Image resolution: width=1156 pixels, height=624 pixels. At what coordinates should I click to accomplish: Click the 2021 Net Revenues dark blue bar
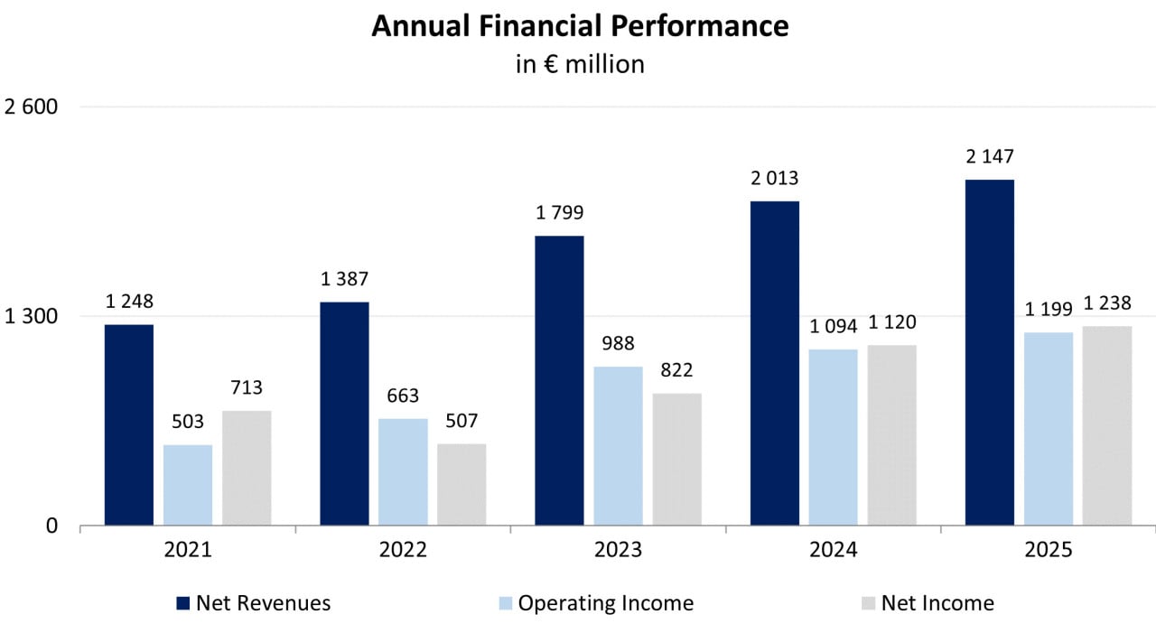(129, 424)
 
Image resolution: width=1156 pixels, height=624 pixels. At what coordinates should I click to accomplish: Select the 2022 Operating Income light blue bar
(403, 471)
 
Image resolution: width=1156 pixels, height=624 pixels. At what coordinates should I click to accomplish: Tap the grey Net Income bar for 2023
(676, 459)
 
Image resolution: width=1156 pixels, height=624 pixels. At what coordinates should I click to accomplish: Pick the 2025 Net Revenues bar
(989, 352)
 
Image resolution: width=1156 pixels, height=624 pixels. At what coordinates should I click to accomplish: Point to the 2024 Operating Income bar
(833, 437)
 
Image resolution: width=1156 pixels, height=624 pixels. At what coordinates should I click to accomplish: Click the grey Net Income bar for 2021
(247, 468)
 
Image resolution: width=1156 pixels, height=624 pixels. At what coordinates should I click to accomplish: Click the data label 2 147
(990, 157)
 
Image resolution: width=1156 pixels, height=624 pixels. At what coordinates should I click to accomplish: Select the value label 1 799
(559, 213)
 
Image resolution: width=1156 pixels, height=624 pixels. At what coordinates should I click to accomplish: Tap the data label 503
(188, 422)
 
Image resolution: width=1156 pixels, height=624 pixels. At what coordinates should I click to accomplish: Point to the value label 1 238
(1107, 303)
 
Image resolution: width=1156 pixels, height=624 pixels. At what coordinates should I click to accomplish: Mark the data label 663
(403, 396)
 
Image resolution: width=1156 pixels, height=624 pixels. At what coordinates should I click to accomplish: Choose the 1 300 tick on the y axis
(32, 316)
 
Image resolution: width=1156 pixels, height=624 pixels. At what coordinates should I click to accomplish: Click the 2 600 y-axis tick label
(32, 107)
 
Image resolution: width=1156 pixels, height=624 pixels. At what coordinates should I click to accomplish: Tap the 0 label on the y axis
(51, 526)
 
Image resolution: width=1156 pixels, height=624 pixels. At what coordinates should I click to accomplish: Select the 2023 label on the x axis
(618, 549)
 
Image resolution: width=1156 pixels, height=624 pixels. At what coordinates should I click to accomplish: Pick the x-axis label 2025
(1048, 549)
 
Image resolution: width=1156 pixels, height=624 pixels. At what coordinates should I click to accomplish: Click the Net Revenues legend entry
(263, 602)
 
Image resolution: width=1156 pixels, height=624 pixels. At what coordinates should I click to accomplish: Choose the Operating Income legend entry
(605, 602)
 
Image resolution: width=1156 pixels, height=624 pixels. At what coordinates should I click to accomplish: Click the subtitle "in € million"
(579, 65)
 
